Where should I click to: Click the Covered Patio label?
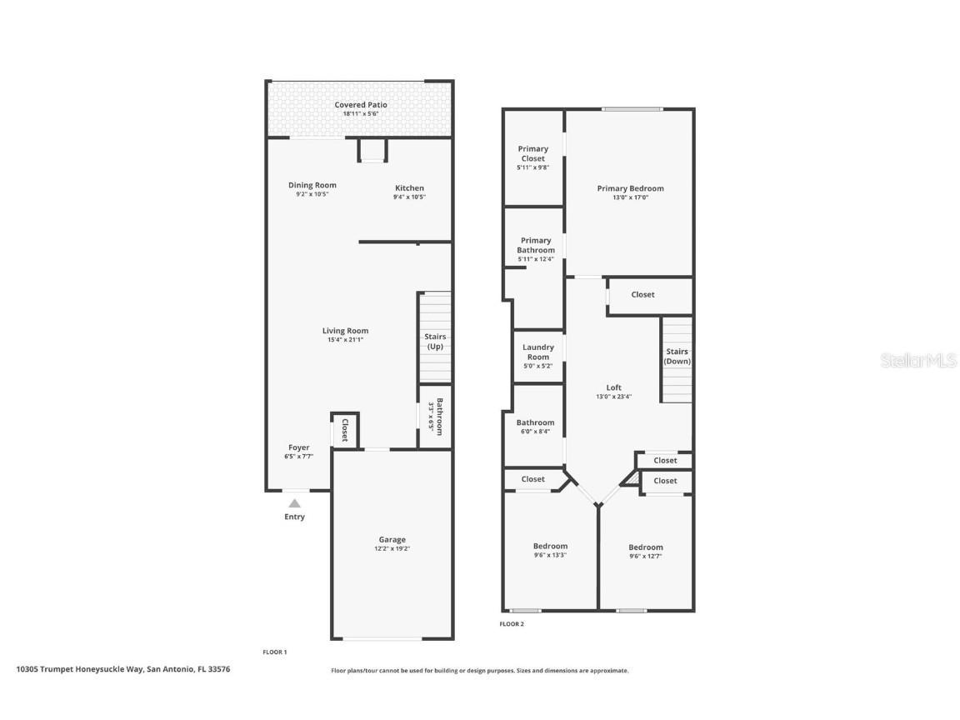pos(361,105)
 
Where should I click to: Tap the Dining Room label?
pos(312,186)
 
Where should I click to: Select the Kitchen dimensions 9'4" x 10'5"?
pos(409,197)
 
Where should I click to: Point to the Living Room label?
pos(345,331)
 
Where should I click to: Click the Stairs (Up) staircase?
pos(434,337)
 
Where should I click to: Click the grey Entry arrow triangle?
pos(294,503)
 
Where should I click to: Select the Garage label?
pos(392,540)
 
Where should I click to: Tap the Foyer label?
pos(298,447)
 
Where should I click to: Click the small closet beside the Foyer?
pos(345,429)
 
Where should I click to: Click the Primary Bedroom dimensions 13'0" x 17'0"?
pos(630,198)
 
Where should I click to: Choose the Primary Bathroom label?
pos(535,245)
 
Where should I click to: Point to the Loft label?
pos(613,387)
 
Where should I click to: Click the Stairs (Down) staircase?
pos(677,358)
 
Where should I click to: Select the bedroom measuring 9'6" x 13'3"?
pos(550,551)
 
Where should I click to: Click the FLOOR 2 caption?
pos(512,623)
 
